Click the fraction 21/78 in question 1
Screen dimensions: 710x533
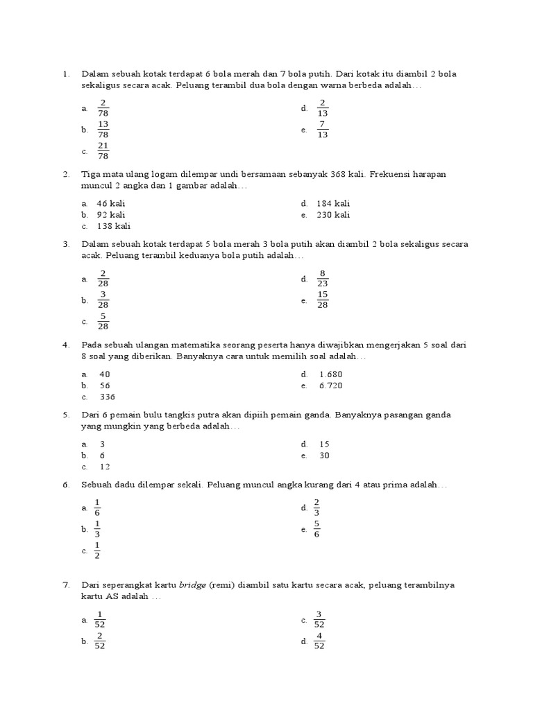click(x=103, y=150)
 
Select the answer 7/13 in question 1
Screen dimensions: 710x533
click(x=322, y=130)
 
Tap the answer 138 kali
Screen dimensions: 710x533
click(x=113, y=226)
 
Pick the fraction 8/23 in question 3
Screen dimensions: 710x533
click(x=323, y=279)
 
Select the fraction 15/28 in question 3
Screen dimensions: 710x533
click(x=323, y=300)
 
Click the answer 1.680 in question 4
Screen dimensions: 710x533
click(x=331, y=374)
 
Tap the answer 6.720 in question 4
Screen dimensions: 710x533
click(x=331, y=386)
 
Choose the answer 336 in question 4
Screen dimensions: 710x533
click(x=107, y=397)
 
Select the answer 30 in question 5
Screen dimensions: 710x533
click(x=325, y=456)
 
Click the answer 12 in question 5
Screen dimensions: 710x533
click(x=105, y=467)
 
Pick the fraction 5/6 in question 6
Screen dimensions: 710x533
click(x=316, y=529)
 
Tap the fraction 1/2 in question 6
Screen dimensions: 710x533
click(x=97, y=551)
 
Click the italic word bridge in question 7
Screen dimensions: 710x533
click(x=192, y=585)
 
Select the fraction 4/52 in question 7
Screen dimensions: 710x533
click(x=319, y=641)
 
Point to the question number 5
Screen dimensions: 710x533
click(x=66, y=415)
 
